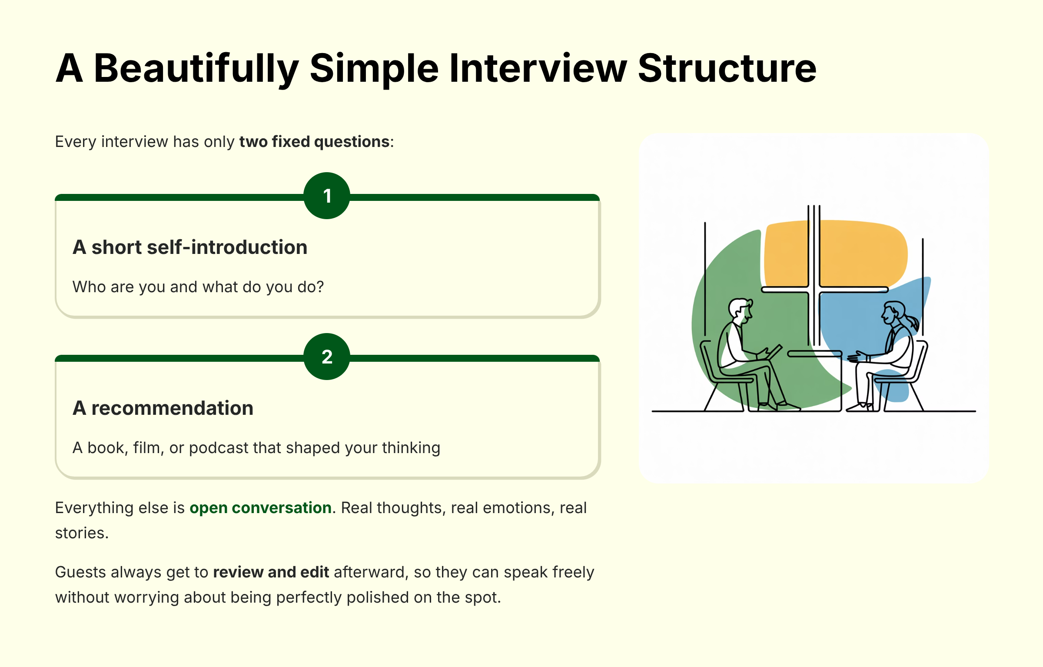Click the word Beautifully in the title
[x=196, y=69]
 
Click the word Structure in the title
[x=727, y=69]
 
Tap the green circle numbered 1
[x=327, y=196]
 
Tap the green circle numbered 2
[x=327, y=357]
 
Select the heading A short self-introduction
[x=190, y=247]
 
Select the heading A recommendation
[x=163, y=408]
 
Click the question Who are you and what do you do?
[x=198, y=287]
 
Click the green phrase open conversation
[x=260, y=508]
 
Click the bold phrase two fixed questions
[x=314, y=142]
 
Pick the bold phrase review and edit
[x=271, y=572]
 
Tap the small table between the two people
[x=815, y=354]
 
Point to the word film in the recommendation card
[x=146, y=448]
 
